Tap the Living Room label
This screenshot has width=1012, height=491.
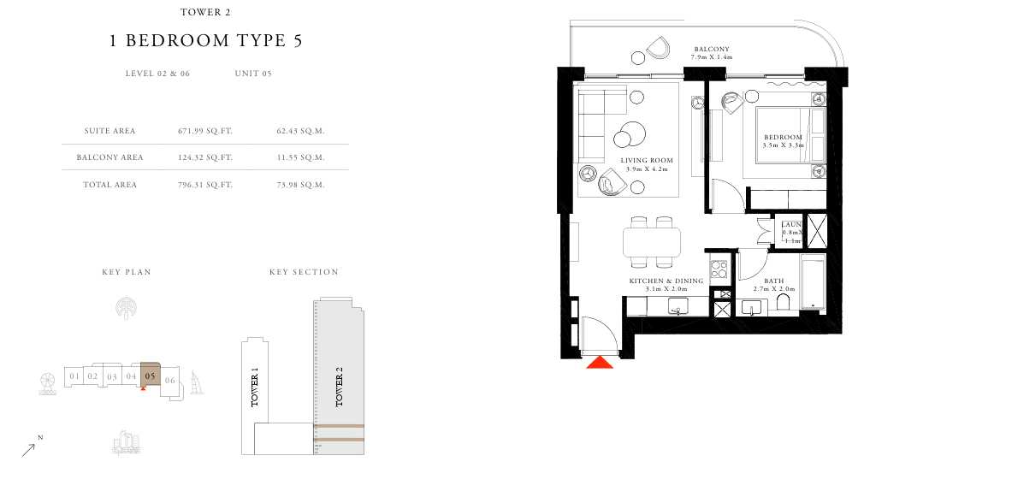point(647,161)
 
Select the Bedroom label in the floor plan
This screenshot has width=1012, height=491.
point(783,138)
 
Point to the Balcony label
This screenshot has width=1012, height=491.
point(711,49)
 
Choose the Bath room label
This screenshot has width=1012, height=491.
point(774,281)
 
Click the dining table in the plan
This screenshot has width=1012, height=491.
point(652,242)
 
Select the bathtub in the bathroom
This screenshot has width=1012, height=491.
point(813,283)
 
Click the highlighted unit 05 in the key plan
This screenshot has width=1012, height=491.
point(151,375)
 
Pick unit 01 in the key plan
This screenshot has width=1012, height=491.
point(74,376)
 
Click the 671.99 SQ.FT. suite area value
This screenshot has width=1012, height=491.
point(205,131)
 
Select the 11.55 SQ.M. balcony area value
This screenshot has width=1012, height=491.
point(300,157)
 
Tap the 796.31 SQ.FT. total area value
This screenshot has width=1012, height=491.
point(205,185)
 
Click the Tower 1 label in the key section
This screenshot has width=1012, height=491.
point(254,387)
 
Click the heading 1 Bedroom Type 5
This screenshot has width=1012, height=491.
point(206,41)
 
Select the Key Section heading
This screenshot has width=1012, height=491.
point(304,272)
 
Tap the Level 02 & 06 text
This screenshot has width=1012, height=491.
point(157,74)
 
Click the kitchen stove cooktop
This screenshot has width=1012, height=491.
point(719,268)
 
